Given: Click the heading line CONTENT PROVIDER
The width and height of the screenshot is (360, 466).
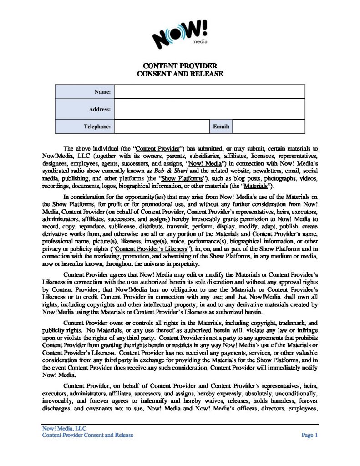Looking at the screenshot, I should coord(180,66).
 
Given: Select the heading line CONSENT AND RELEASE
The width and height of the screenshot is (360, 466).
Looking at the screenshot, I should coord(180,73).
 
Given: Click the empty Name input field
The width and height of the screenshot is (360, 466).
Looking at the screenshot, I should coord(209,92).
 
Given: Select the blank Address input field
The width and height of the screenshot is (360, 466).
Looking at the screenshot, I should coord(209,109).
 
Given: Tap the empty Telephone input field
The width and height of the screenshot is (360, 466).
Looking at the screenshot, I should coord(161,127).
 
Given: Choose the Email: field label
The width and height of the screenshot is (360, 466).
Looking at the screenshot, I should coord(221,127).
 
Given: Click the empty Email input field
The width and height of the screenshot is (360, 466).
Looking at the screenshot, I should coord(268,127).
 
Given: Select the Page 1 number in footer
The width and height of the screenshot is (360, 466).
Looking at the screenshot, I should coord(309,436).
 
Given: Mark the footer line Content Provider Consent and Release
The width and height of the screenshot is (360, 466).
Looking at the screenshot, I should coord(87,436).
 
